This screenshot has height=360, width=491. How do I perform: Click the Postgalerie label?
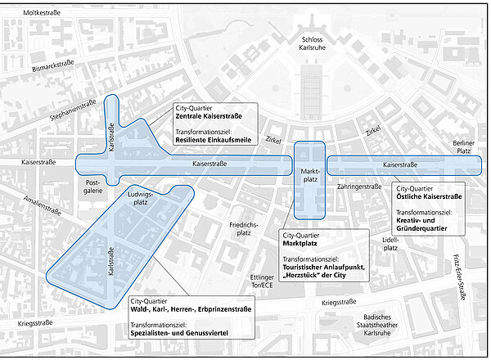click(92, 186)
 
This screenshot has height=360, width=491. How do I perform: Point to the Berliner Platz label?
click(463, 147)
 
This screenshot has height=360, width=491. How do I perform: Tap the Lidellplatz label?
click(390, 243)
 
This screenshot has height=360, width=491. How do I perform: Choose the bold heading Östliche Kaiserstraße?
click(430, 197)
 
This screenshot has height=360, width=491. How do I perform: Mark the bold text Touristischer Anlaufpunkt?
click(326, 267)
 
